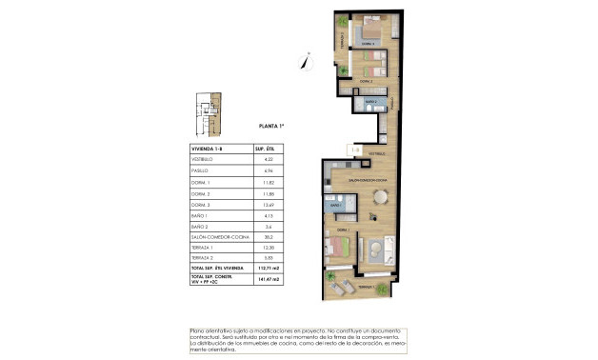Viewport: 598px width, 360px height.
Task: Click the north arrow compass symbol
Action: click(x=305, y=60)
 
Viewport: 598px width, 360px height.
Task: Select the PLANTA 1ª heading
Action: click(x=273, y=126)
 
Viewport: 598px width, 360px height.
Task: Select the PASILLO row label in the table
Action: click(x=200, y=170)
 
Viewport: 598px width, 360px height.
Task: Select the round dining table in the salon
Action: click(x=381, y=197)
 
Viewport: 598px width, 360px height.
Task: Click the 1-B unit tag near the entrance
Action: click(x=354, y=150)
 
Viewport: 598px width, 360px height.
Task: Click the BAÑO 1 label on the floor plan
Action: click(x=336, y=205)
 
